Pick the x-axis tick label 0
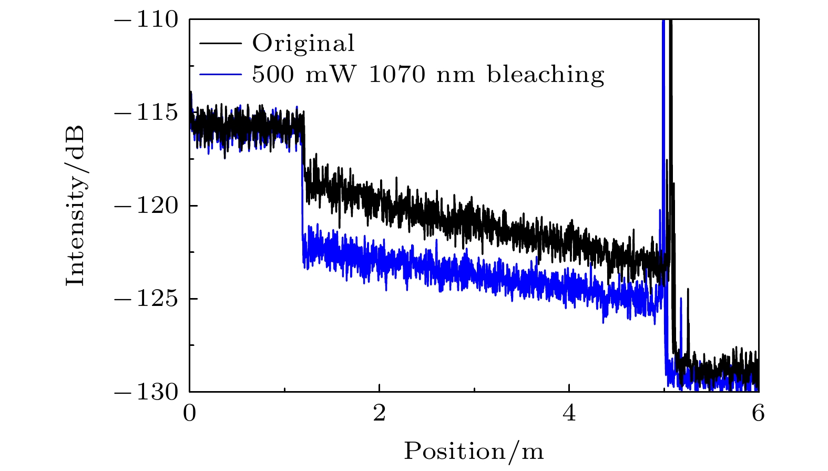pyautogui.click(x=189, y=414)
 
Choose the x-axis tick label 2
pyautogui.click(x=379, y=414)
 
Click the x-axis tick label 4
pyautogui.click(x=569, y=414)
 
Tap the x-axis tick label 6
pyautogui.click(x=758, y=414)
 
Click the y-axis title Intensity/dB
pyautogui.click(x=75, y=206)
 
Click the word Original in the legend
pyautogui.click(x=303, y=43)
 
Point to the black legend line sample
pyautogui.click(x=221, y=43)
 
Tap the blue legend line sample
pyautogui.click(x=221, y=74)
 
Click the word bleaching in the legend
pyautogui.click(x=546, y=74)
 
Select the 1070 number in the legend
pyautogui.click(x=397, y=74)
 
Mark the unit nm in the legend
pyautogui.click(x=456, y=74)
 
